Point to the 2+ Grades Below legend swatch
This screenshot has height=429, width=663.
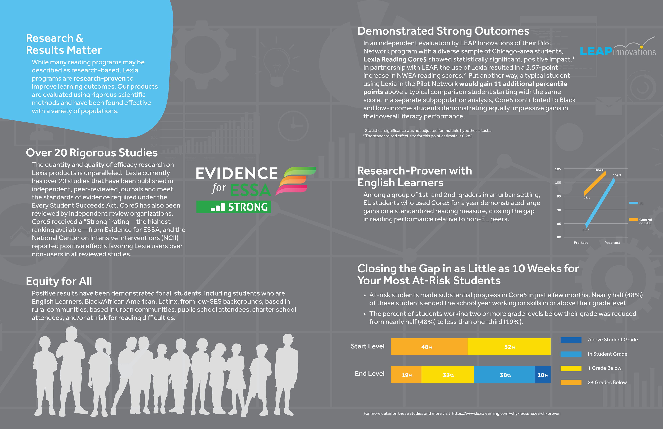[571, 383]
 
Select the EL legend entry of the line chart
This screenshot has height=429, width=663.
[637, 203]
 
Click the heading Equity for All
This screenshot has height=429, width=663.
[59, 281]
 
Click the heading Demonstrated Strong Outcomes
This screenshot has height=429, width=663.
[443, 31]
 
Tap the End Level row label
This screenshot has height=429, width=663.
[369, 374]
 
